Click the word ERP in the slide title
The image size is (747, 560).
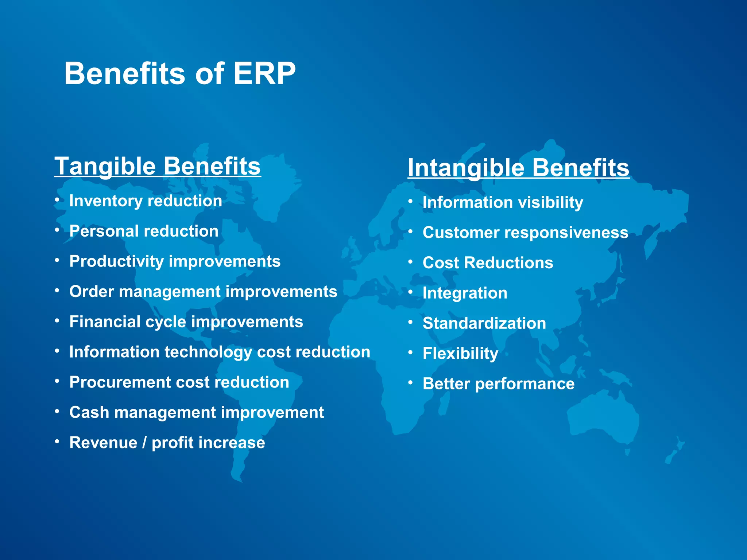[264, 74]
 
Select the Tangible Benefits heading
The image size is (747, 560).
[158, 166]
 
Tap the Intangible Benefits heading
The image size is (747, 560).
[518, 168]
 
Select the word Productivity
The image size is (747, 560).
[116, 262]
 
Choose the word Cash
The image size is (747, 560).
[89, 413]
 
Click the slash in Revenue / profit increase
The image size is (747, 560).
[144, 443]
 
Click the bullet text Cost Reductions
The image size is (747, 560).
[488, 263]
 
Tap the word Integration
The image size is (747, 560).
[465, 293]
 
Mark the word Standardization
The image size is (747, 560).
[484, 323]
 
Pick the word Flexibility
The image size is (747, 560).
[460, 354]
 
